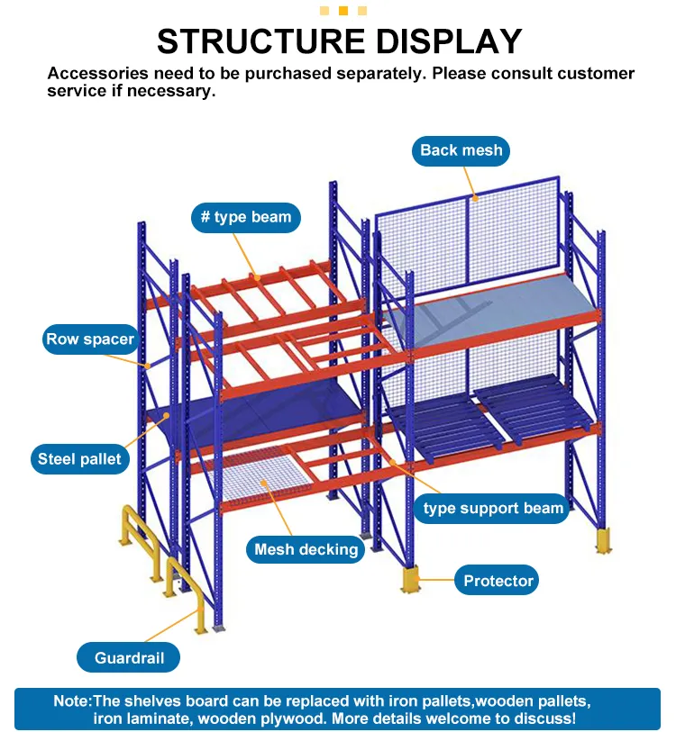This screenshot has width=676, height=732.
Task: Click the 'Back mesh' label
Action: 461,150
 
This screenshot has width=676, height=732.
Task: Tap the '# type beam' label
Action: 246,218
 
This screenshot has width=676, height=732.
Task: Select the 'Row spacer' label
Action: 89,339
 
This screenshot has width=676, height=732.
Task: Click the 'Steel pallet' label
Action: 78,459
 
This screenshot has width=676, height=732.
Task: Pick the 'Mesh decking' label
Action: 306,549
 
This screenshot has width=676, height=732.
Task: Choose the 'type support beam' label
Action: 493,509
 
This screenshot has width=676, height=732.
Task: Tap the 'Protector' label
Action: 498,581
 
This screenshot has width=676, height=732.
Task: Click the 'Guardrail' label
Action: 129,658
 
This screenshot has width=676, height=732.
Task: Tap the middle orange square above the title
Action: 343,11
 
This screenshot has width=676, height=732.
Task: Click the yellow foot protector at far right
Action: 602,541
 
